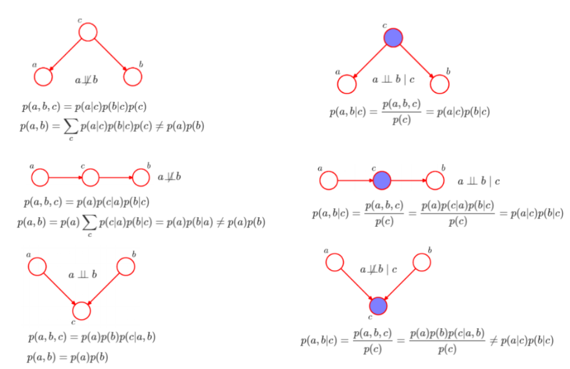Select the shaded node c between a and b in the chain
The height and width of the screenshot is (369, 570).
click(382, 181)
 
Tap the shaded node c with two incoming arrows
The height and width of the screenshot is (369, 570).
click(378, 306)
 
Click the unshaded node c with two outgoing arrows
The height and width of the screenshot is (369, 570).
click(88, 32)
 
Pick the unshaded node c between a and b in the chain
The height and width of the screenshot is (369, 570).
click(91, 177)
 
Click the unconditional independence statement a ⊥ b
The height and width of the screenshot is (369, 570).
click(83, 275)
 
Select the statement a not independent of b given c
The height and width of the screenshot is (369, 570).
click(378, 270)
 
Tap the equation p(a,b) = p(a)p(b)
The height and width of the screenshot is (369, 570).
click(67, 357)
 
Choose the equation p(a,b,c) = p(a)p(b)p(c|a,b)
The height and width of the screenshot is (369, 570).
click(92, 337)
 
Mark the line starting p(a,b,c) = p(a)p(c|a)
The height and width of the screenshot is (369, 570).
click(86, 202)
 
